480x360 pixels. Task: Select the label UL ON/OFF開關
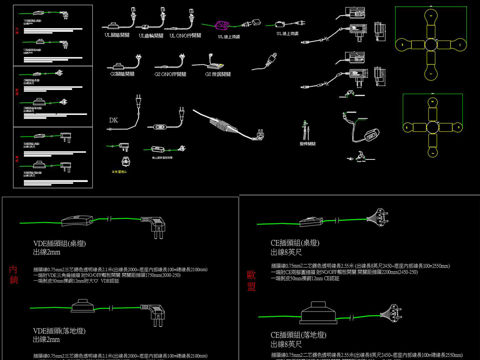[x=185, y=36]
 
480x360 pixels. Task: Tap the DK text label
[x=113, y=120]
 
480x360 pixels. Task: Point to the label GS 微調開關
[x=217, y=74]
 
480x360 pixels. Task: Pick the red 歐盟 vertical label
[x=251, y=281]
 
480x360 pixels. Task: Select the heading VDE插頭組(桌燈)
[x=59, y=243]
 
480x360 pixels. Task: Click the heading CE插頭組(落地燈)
[x=298, y=335]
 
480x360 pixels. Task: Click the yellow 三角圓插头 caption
[x=119, y=172]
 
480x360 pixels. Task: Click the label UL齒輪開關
[x=151, y=36]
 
